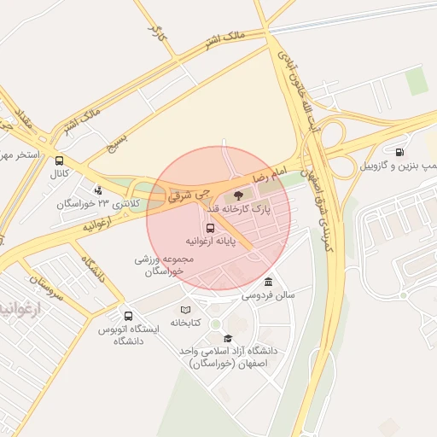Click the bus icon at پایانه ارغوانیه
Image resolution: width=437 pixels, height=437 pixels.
(x=210, y=228)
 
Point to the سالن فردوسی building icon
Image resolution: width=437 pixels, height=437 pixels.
(x=269, y=283)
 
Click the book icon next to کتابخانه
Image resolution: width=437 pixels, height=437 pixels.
(x=186, y=310)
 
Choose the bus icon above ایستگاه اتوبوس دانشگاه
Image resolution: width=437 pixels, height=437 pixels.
(x=128, y=316)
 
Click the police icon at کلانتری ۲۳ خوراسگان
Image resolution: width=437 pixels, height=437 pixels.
(x=99, y=190)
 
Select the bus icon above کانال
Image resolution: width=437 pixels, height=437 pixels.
(x=59, y=160)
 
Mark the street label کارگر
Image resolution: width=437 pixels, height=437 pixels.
(x=154, y=35)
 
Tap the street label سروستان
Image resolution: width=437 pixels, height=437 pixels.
(x=47, y=286)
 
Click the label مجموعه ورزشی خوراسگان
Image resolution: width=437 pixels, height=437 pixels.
(x=160, y=264)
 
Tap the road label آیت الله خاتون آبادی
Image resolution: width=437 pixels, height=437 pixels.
(x=304, y=86)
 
